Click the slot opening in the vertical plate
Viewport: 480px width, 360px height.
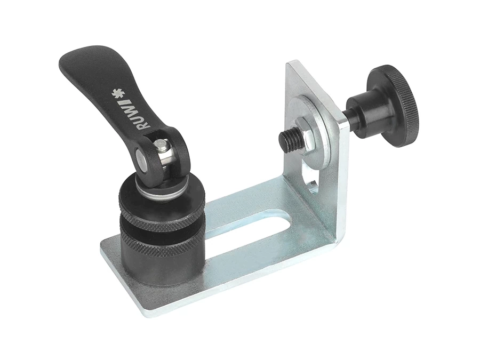(311, 178)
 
